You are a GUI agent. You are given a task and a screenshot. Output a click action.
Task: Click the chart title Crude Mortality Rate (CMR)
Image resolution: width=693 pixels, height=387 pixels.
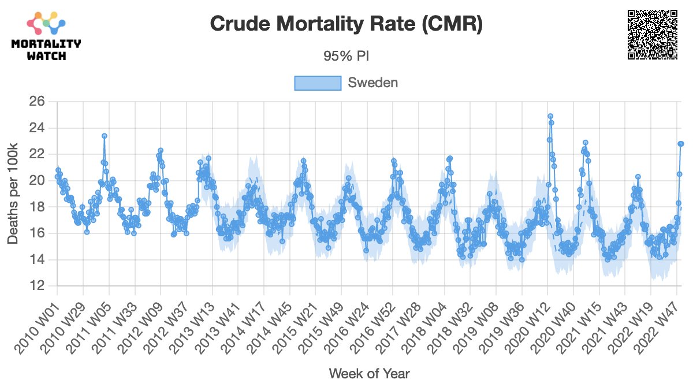point(346,24)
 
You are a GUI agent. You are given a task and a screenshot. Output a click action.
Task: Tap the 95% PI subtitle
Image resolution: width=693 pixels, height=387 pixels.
point(346,57)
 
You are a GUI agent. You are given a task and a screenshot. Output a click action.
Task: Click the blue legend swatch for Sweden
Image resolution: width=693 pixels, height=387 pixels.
point(317,83)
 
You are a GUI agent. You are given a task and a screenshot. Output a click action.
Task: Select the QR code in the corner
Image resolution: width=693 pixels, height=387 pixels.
point(652,35)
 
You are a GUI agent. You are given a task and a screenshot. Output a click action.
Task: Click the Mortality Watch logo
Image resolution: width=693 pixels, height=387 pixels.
point(46,36)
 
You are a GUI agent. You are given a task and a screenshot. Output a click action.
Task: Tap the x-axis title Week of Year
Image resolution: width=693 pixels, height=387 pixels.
point(369,373)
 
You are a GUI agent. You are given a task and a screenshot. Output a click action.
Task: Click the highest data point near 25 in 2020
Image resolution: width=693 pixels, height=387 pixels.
point(550,116)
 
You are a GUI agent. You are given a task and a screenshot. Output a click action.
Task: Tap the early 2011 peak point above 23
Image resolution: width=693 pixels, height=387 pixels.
point(105,136)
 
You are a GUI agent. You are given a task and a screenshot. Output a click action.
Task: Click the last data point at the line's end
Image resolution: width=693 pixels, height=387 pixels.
point(681,143)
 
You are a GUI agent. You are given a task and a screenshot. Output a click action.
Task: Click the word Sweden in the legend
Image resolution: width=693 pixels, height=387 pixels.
point(372,83)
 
